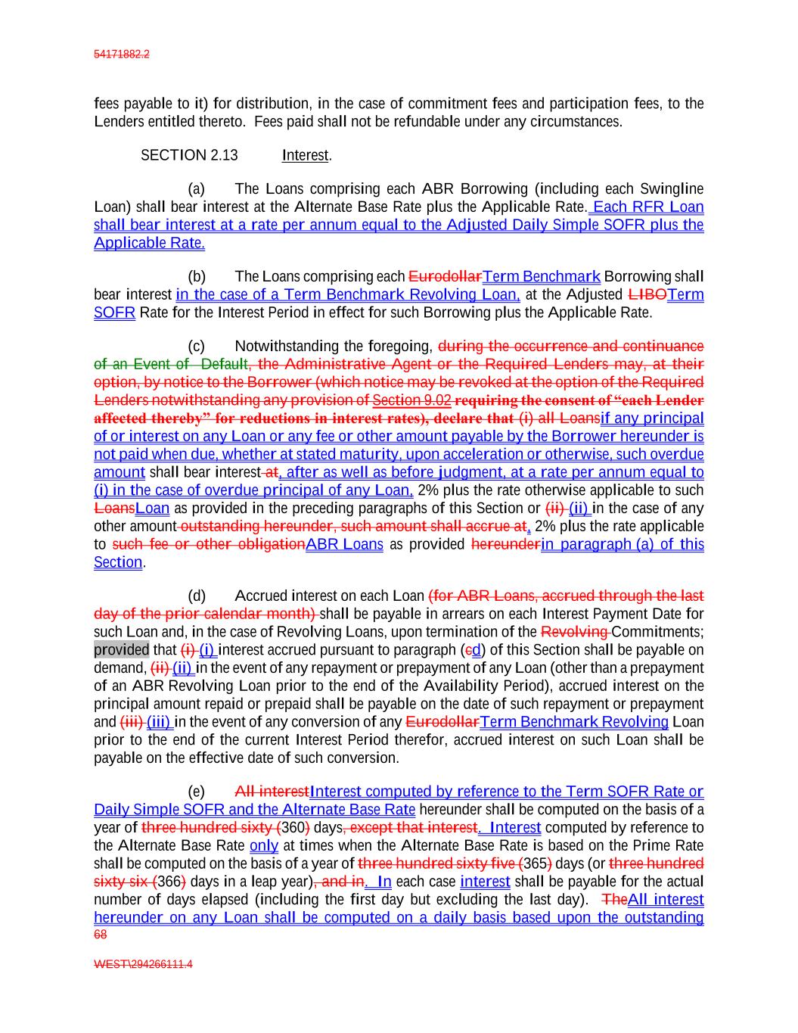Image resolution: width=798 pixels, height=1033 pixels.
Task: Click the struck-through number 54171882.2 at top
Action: click(x=122, y=54)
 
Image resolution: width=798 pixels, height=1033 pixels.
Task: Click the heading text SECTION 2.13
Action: click(x=189, y=155)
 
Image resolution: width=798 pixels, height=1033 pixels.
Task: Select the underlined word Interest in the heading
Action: click(x=306, y=155)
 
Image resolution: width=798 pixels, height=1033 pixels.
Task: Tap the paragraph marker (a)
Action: click(x=196, y=188)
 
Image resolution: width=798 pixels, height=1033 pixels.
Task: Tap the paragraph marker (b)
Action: click(x=196, y=276)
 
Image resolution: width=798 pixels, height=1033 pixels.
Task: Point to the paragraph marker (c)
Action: click(x=196, y=347)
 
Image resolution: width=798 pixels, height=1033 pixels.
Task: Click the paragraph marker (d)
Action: click(x=196, y=596)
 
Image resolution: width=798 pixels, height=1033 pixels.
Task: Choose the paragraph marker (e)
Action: click(x=196, y=792)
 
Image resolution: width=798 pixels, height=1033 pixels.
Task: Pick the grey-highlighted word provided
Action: click(x=121, y=649)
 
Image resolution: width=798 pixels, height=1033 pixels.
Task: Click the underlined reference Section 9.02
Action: click(x=411, y=400)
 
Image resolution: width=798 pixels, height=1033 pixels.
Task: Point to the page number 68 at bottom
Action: click(x=101, y=935)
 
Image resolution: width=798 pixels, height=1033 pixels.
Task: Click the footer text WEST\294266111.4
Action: click(x=143, y=964)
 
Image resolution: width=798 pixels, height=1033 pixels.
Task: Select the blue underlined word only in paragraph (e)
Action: click(x=264, y=845)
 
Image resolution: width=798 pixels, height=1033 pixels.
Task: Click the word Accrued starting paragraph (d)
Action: click(x=261, y=596)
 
